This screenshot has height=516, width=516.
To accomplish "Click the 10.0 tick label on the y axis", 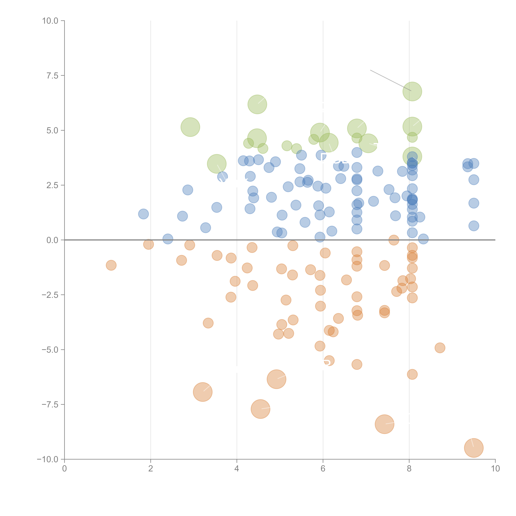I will click(50, 21).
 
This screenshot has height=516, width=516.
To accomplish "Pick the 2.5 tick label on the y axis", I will click(52, 185).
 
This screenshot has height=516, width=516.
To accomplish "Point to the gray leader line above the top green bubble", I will click(390, 80).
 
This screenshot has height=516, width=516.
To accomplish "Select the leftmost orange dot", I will click(111, 265).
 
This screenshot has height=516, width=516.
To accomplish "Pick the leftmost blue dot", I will click(143, 214).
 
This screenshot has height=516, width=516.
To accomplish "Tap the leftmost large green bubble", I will click(190, 127).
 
